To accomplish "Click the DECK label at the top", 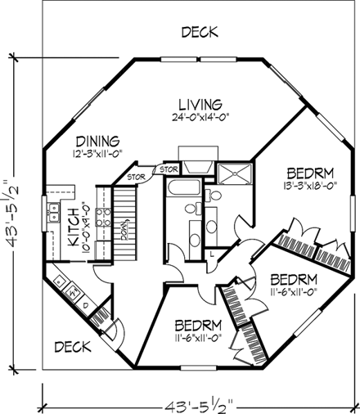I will point(199,32).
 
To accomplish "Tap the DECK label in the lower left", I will point(72,346).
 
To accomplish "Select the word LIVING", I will point(200,104).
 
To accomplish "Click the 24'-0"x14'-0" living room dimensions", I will point(200,117).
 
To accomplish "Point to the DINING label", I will point(98,139).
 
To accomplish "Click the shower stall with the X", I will point(236,173).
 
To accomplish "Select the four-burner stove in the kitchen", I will point(104,217).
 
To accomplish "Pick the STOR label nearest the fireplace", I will point(170,169).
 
